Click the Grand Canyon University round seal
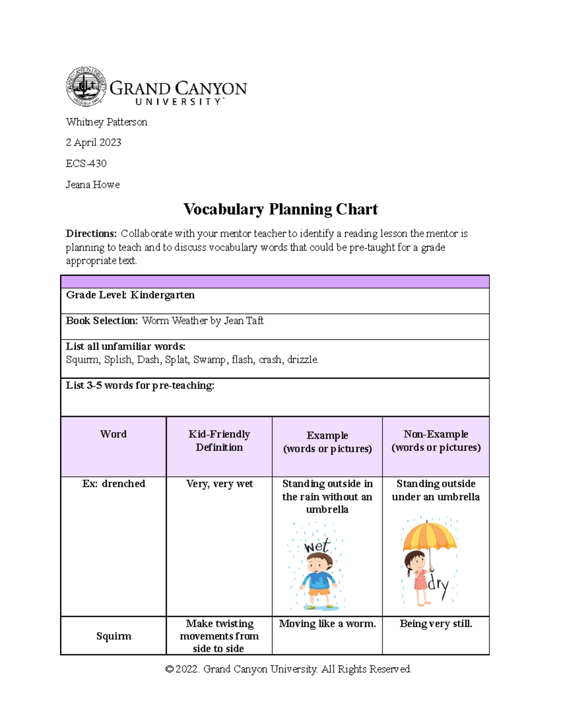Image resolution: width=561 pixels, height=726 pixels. click(86, 86)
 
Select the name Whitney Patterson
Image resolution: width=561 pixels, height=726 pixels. click(107, 122)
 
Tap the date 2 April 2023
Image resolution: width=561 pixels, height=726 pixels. click(93, 143)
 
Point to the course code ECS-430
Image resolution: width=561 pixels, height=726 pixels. click(86, 164)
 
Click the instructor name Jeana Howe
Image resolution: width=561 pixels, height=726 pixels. click(93, 185)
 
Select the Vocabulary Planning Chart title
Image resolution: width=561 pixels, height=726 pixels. click(280, 209)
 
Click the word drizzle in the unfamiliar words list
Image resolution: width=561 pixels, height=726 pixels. click(302, 359)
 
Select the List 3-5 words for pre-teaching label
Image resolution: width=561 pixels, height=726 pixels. click(140, 385)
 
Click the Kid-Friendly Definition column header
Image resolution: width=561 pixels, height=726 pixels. click(219, 441)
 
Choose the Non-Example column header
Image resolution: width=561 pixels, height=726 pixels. click(436, 441)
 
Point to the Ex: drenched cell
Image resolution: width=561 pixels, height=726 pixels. click(114, 484)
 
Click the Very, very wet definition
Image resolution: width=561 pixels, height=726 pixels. click(219, 484)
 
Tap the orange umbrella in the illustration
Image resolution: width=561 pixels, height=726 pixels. click(429, 536)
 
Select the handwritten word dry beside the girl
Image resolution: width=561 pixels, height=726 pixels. click(439, 586)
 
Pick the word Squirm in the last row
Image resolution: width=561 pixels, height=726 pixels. click(114, 636)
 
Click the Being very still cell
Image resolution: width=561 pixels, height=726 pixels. click(436, 624)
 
